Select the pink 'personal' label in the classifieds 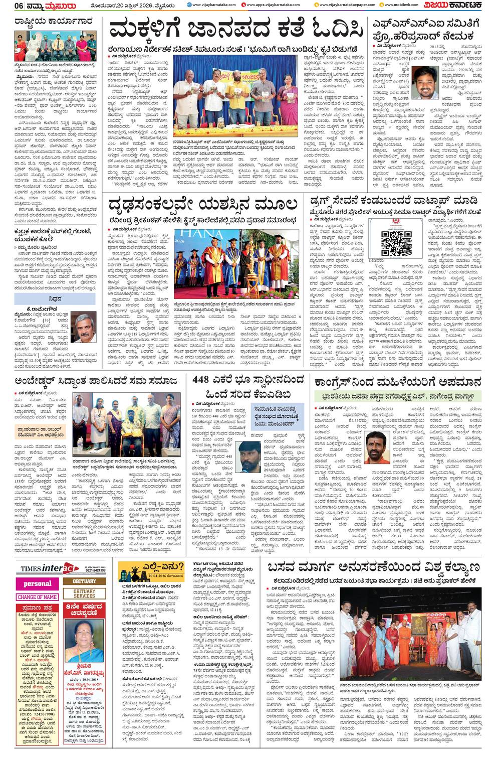click(38, 583)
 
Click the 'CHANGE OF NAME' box click(37, 597)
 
